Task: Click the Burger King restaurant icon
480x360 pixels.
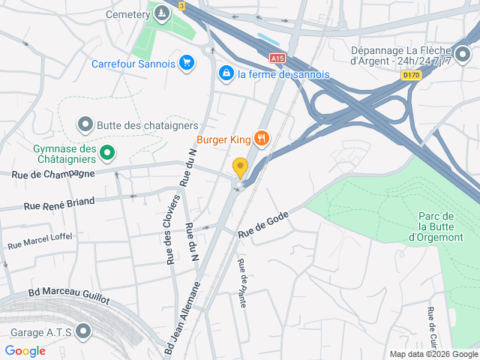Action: pos(261,137)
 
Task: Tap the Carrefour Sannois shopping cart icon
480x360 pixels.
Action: pos(187,63)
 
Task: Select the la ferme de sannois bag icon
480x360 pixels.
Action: pos(225,73)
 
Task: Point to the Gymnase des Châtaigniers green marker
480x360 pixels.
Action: pos(107,154)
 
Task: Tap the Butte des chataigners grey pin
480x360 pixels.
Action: pos(85,124)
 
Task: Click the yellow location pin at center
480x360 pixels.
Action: pos(240,167)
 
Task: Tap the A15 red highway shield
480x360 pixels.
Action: pos(277,57)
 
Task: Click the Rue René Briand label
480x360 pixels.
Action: pos(59,202)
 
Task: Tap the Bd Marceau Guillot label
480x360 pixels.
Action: pos(68,296)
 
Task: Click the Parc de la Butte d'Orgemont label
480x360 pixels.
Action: pos(439,226)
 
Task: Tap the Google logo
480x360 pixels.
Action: pos(25,350)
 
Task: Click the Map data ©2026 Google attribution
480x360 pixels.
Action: pos(432,354)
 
